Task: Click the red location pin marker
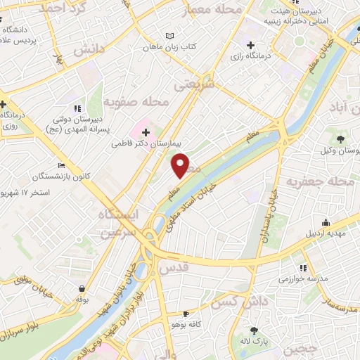pyautogui.click(x=181, y=166)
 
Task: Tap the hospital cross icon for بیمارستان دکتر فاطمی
pyautogui.click(x=146, y=132)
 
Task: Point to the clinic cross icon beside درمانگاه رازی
pyautogui.click(x=250, y=46)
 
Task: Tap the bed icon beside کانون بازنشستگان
pyautogui.click(x=61, y=165)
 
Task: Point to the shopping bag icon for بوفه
pyautogui.click(x=83, y=288)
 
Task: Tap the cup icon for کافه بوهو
pyautogui.click(x=186, y=314)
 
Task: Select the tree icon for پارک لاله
pyautogui.click(x=255, y=330)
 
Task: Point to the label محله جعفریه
pyautogui.click(x=322, y=182)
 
